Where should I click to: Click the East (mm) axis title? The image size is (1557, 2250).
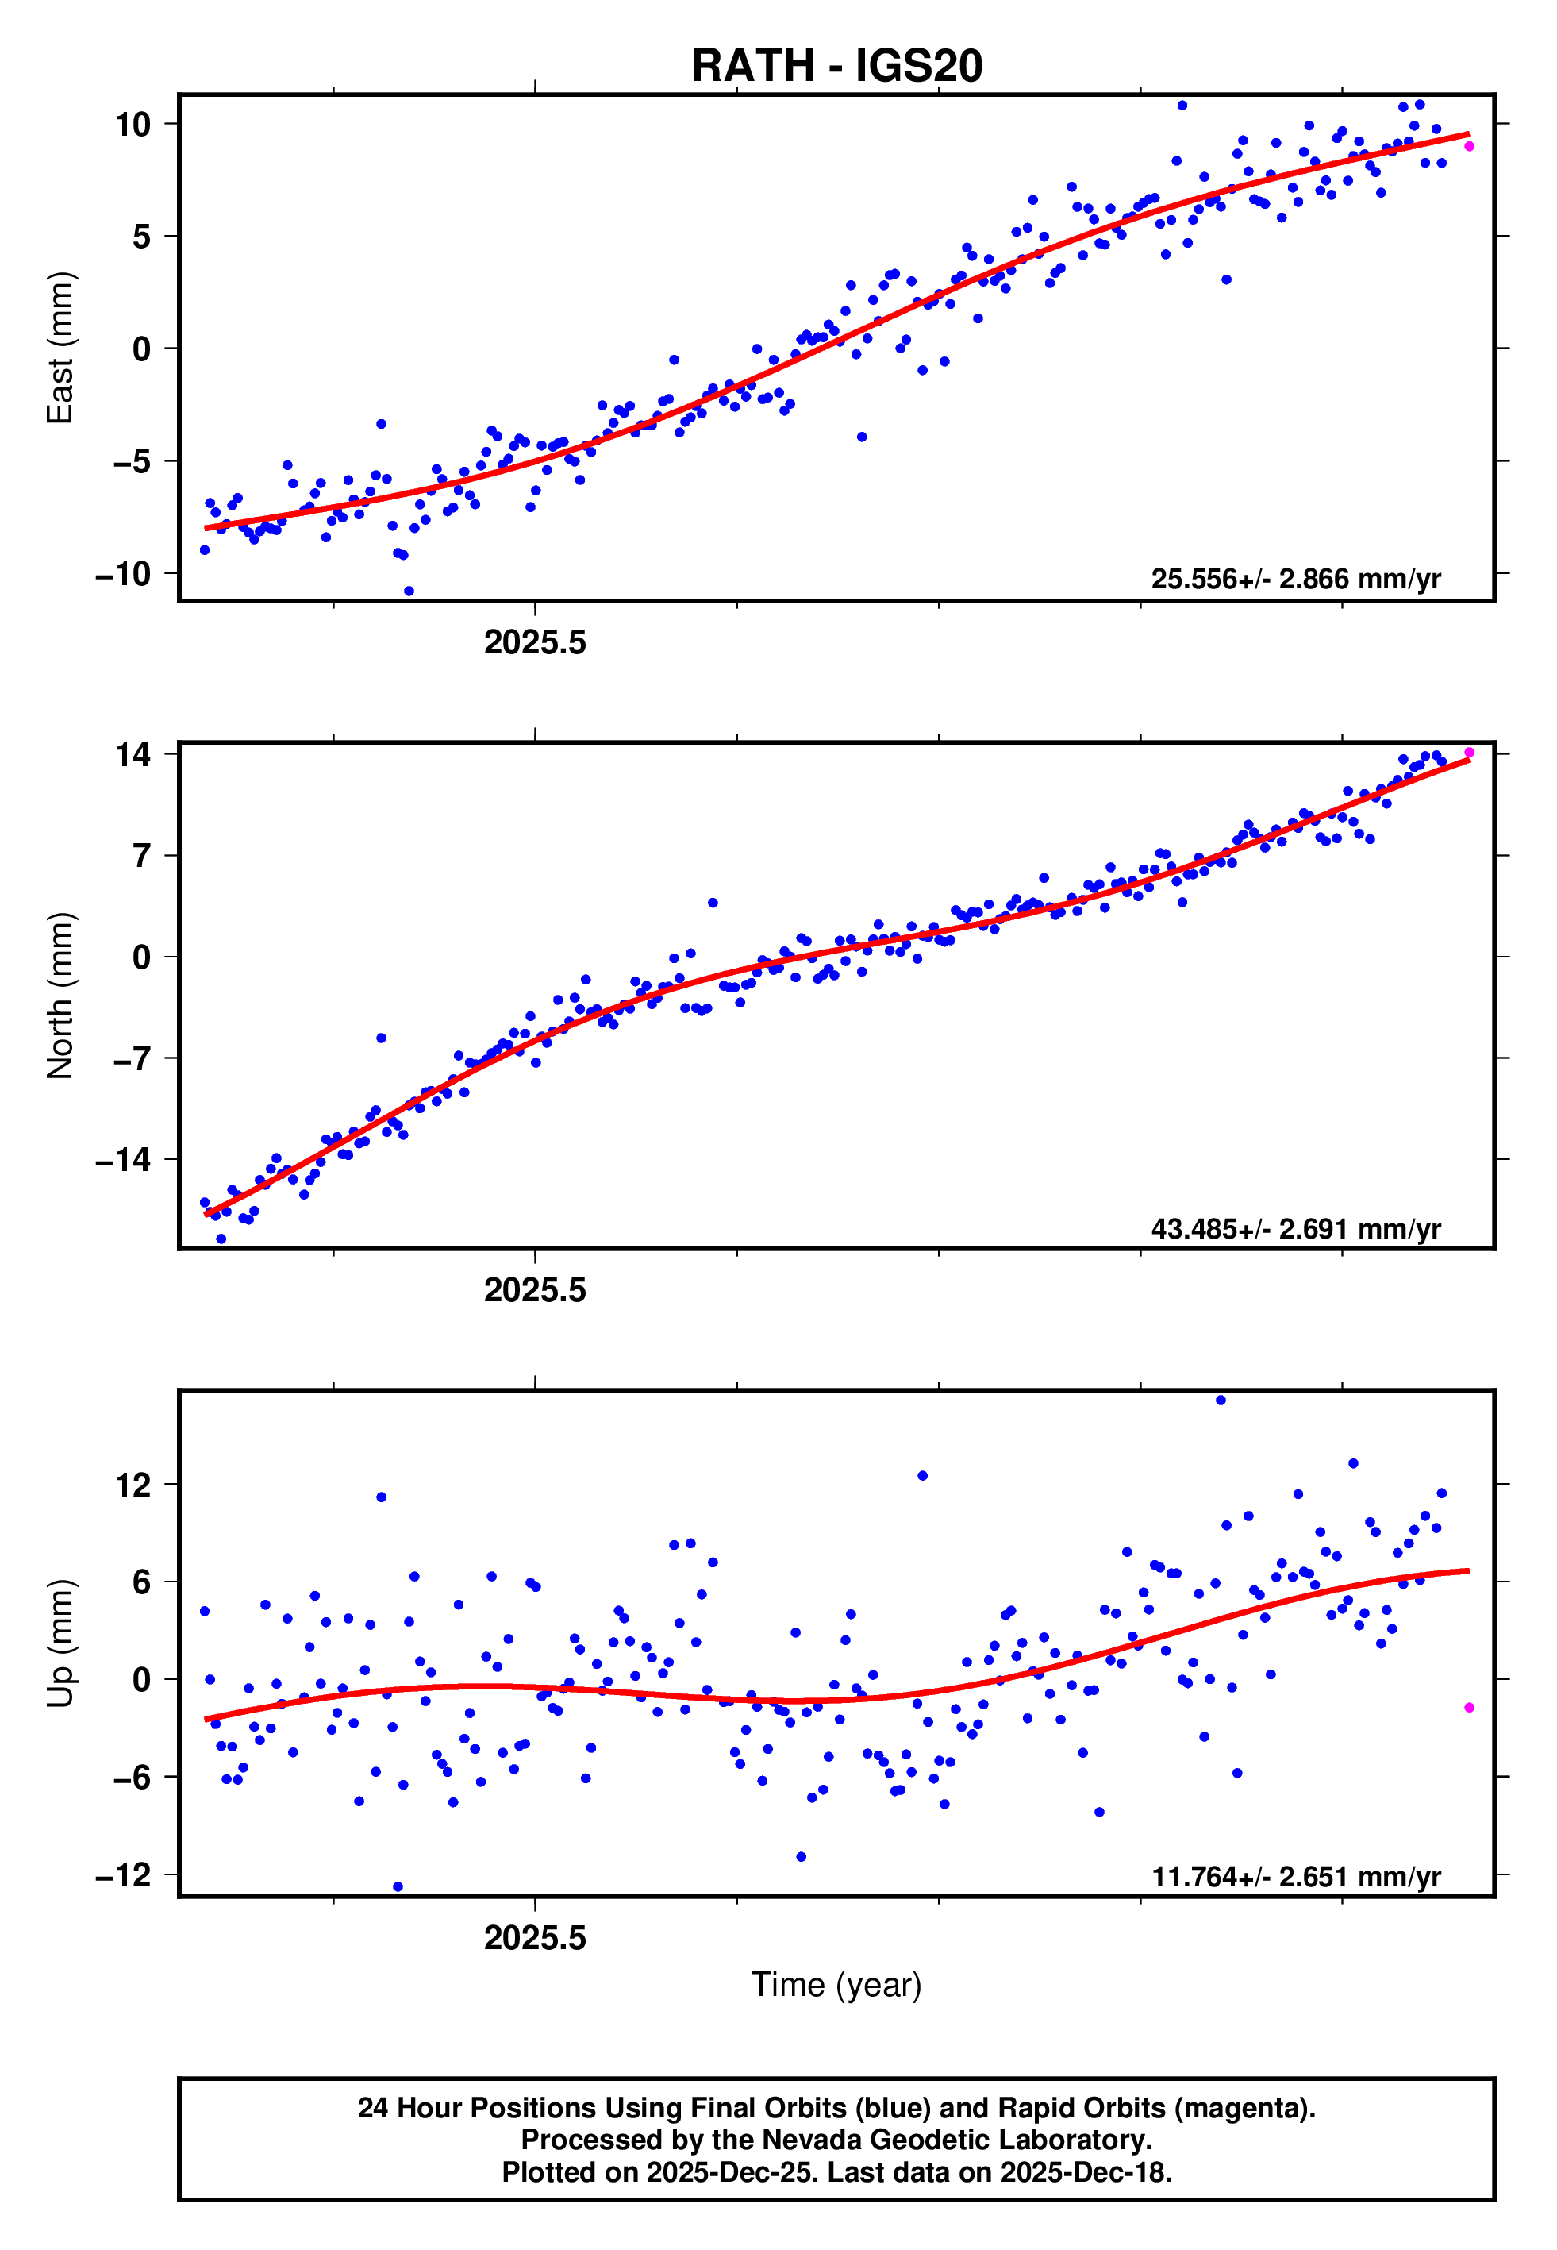(60, 348)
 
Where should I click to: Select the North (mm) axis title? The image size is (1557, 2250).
(60, 996)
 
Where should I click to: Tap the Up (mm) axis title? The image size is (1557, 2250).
(60, 1643)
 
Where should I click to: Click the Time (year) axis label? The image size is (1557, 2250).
(836, 1985)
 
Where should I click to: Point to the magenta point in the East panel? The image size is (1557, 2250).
(1469, 146)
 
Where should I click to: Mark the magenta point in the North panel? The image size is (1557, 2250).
(1469, 753)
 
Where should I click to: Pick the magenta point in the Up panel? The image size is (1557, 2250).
(1469, 1708)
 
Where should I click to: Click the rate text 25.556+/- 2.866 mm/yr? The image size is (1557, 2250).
(1296, 580)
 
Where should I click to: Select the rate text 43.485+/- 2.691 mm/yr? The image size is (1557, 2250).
(1296, 1228)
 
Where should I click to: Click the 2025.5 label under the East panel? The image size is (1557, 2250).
(535, 643)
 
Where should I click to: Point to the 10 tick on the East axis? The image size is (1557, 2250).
(133, 125)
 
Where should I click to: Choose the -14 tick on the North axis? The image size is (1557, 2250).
(124, 1160)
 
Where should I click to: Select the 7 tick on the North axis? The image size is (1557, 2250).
(142, 857)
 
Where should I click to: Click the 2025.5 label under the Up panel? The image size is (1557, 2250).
(535, 1938)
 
